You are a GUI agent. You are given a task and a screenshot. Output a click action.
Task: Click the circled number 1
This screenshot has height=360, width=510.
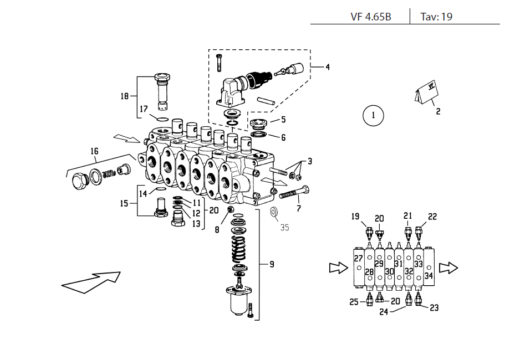point(373,116)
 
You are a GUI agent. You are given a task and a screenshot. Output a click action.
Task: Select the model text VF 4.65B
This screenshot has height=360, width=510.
point(371,17)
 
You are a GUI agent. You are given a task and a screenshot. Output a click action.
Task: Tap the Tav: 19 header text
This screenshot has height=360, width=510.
point(436,17)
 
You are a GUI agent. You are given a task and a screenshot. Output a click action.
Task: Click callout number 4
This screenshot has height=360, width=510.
point(327,68)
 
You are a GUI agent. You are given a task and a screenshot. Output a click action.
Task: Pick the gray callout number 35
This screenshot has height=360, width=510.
point(284,227)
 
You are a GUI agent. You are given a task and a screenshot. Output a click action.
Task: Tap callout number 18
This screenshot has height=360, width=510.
point(125,96)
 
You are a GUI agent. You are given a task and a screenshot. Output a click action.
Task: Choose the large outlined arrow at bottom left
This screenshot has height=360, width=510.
point(91,281)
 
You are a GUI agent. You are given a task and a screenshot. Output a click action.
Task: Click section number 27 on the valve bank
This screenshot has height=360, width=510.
point(358,259)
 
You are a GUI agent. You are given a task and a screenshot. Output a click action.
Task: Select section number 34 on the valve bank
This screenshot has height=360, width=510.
point(429,275)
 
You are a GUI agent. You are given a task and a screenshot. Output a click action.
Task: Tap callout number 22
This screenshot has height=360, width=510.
point(432,217)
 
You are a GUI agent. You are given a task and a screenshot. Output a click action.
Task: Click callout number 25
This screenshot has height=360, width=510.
point(354,302)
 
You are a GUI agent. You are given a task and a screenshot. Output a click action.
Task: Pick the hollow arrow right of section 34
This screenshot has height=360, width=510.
point(448,268)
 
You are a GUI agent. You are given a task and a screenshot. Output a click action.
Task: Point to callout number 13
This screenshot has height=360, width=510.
point(196,224)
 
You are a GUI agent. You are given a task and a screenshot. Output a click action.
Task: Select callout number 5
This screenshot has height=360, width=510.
point(283,119)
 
